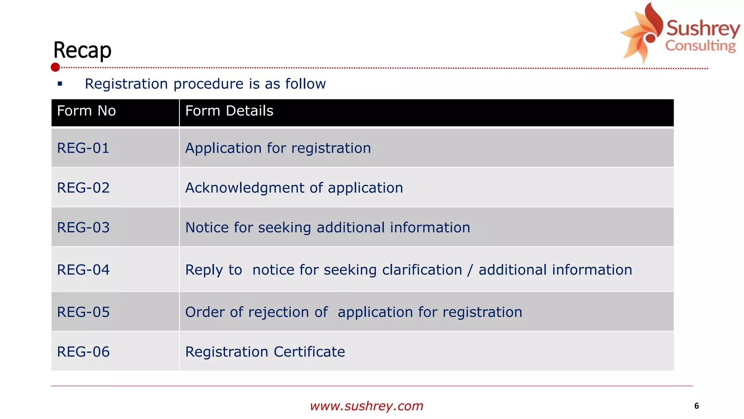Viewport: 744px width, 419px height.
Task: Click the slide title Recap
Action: coord(82,50)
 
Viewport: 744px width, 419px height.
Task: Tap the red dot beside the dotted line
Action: coord(55,67)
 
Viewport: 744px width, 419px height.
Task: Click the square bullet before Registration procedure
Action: coord(60,84)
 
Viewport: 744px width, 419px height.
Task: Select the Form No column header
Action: coord(86,111)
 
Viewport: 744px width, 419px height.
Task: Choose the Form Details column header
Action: coord(229,111)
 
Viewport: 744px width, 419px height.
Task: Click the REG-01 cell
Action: coord(83,148)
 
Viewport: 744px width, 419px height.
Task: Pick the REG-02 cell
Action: coord(83,188)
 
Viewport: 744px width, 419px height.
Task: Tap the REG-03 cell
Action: coord(83,228)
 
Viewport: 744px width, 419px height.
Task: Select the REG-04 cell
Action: coord(83,270)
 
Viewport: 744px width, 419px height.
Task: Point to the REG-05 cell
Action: coord(83,312)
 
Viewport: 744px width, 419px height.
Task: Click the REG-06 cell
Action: coord(83,352)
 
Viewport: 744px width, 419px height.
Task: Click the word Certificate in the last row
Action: coord(309,352)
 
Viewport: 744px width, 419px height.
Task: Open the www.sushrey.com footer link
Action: coord(367,406)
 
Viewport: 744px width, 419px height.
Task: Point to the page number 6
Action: coord(696,406)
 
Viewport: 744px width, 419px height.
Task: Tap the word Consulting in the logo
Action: coord(700,46)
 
